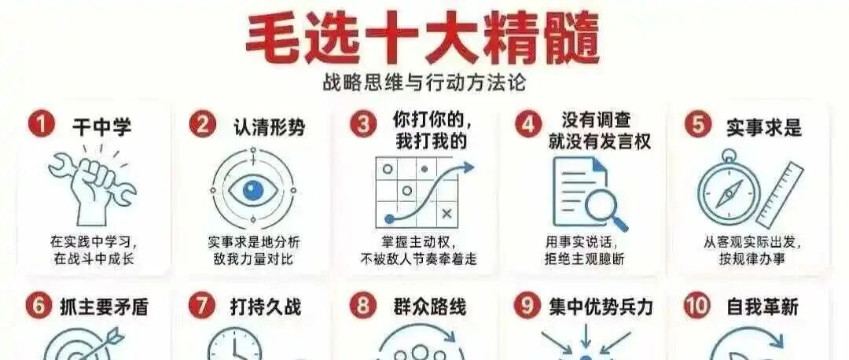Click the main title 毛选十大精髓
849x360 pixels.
[x=423, y=37]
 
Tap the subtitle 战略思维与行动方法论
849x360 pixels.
[x=424, y=83]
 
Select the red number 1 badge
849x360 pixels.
[x=41, y=125]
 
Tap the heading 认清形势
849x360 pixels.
[x=269, y=127]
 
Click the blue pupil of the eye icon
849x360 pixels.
[x=253, y=189]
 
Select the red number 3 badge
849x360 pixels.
[x=362, y=124]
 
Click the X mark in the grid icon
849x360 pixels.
[x=447, y=214]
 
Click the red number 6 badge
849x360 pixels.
[x=39, y=307]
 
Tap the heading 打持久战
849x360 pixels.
[x=266, y=307]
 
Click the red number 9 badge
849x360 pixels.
[x=524, y=307]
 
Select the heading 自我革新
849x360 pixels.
[x=762, y=307]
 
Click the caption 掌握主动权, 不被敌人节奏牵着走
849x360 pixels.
[x=418, y=250]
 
